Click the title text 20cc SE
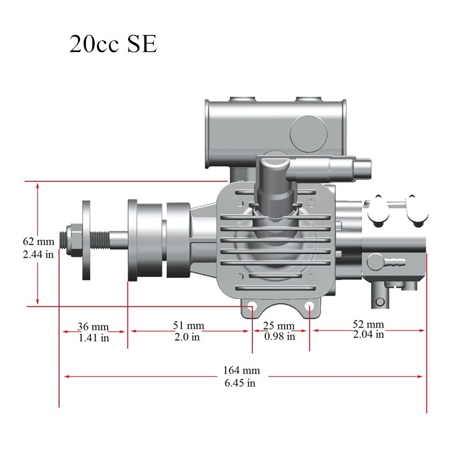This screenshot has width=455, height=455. pos(113,44)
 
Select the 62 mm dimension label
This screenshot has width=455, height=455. pos(38,241)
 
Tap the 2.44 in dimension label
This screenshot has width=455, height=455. pos(38,255)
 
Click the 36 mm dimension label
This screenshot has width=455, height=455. pos(93,327)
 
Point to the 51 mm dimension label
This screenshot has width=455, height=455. pos(188,326)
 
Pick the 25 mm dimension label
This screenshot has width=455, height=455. pos(279,326)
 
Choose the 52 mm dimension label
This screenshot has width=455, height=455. pos(369,324)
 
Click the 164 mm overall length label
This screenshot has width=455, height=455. pos(241,370)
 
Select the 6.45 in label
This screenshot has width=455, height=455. pos(240,383)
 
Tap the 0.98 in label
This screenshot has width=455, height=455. pos(279,336)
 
